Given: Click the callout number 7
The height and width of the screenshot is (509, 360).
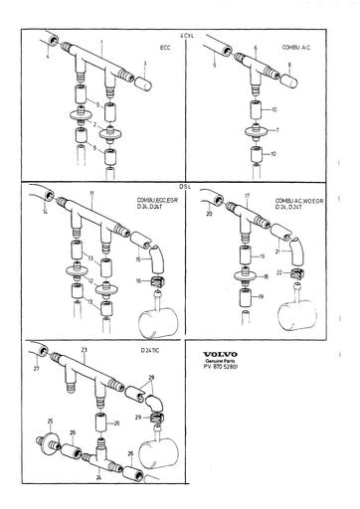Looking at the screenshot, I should coord(280,130).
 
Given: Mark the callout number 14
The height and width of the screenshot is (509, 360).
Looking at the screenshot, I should coord(43,212).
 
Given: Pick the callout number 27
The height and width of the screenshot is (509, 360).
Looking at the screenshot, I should coord(37,369).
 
